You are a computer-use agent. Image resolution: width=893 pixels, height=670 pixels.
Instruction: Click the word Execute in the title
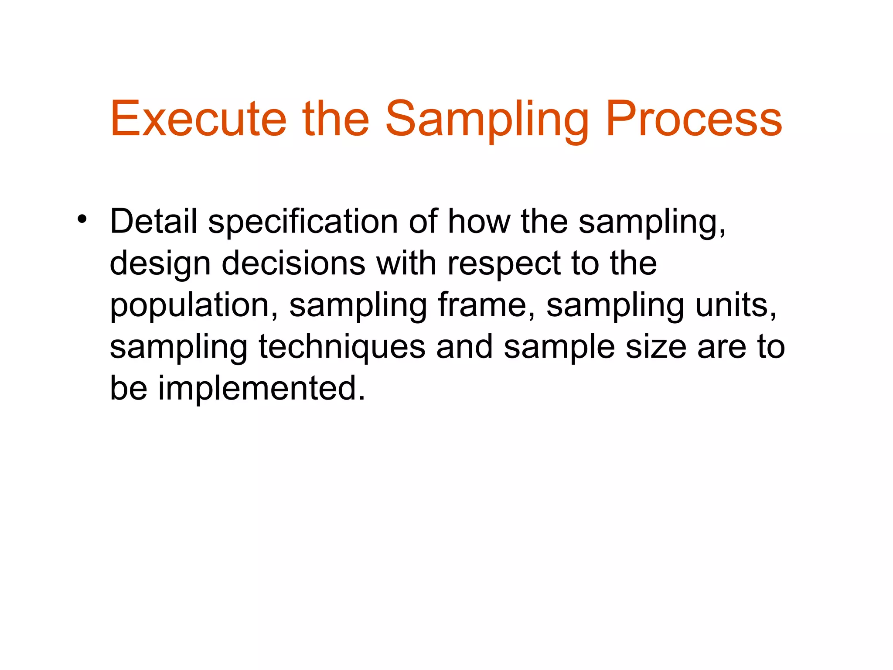pos(198,119)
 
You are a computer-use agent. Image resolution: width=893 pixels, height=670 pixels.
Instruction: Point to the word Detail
pos(153,222)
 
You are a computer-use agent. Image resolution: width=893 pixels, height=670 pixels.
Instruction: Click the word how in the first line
pos(479,222)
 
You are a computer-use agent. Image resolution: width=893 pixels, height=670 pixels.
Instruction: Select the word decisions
pos(293,263)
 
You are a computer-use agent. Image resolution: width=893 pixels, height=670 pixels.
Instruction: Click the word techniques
pos(342,348)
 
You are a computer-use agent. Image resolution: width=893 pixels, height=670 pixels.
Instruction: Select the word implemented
pos(261,388)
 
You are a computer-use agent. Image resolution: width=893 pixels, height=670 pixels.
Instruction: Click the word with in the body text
pos(406,263)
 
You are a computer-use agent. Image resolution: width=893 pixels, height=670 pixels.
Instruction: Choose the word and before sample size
pos(464,347)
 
